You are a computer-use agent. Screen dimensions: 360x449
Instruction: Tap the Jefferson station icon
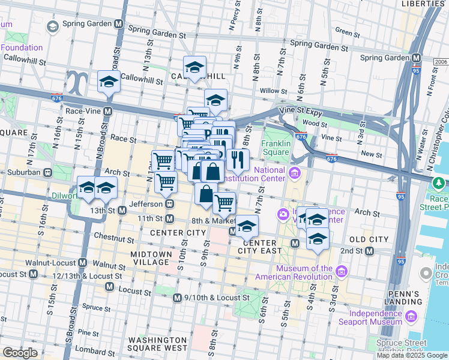coord(170,204)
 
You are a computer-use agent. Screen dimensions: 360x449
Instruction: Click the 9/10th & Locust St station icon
coord(177,298)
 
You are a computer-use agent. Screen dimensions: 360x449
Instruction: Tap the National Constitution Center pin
coord(294,174)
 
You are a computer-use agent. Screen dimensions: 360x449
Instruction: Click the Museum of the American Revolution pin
coord(341,272)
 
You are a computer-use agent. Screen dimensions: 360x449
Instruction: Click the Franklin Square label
coord(276,148)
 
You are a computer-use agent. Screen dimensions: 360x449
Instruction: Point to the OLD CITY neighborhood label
coord(369,239)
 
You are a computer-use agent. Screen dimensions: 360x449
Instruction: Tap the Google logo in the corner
coord(20,353)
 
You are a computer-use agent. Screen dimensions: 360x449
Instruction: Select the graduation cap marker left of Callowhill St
coord(109,82)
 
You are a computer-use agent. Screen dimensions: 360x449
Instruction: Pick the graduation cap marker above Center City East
coord(246,226)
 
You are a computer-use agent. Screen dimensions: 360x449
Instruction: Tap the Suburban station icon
coord(46,172)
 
